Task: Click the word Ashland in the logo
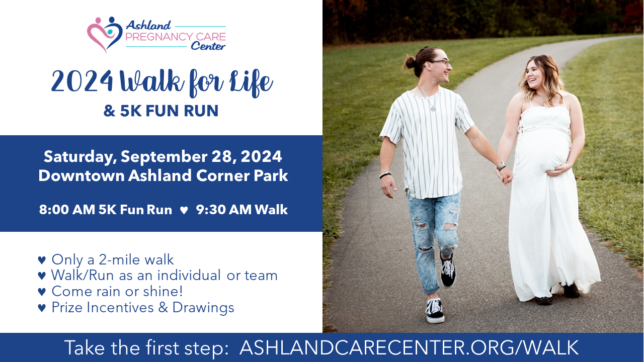148,26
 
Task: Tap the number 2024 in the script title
82,81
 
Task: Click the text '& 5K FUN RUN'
161,111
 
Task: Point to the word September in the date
164,157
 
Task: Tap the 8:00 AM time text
67,210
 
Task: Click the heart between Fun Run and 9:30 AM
184,210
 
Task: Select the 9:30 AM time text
224,210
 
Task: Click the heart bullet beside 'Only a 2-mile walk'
42,260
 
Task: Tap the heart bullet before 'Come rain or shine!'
42,292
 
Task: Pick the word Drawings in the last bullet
203,308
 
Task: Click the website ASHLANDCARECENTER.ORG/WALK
410,347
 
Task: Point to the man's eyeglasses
441,62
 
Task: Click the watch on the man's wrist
501,165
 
